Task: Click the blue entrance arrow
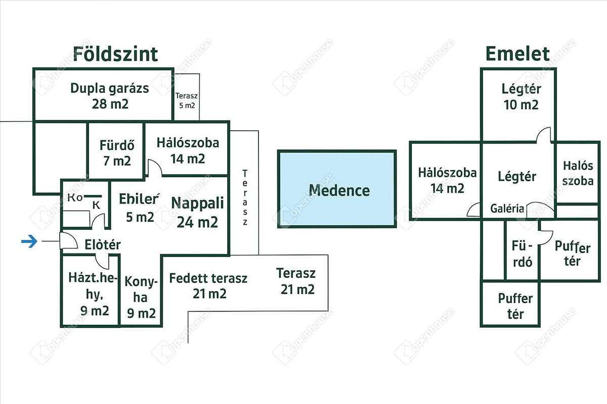pyautogui.click(x=29, y=242)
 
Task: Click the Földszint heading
pyautogui.click(x=115, y=54)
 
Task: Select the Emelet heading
pyautogui.click(x=517, y=54)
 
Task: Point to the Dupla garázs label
pyautogui.click(x=110, y=96)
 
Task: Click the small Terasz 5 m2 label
pyautogui.click(x=186, y=100)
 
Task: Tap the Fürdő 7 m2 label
pyautogui.click(x=116, y=153)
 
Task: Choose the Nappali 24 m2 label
pyautogui.click(x=197, y=212)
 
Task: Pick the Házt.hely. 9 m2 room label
pyautogui.click(x=92, y=294)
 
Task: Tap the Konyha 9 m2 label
pyautogui.click(x=141, y=297)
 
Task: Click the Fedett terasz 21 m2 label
pyautogui.click(x=208, y=285)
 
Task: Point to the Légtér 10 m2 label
pyautogui.click(x=521, y=97)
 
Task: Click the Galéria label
pyautogui.click(x=507, y=209)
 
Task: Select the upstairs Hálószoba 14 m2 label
pyautogui.click(x=447, y=180)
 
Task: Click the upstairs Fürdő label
pyautogui.click(x=523, y=255)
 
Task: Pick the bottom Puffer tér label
pyautogui.click(x=515, y=306)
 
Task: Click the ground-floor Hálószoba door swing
pyautogui.click(x=154, y=168)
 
